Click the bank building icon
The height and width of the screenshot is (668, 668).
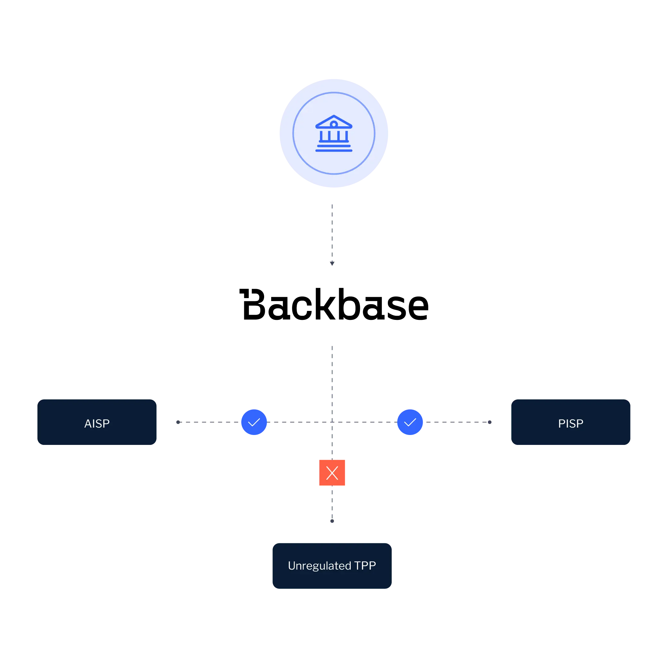pos(334,133)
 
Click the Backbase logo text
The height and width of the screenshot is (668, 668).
pos(334,304)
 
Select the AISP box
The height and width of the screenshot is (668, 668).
pos(97,422)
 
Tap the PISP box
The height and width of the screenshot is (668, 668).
pos(571,422)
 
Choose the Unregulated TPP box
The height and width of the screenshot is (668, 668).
pos(332,565)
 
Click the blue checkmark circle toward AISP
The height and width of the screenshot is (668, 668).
pos(254,422)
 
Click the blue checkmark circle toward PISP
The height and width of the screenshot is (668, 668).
pos(410,422)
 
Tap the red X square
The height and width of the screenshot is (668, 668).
pos(332,473)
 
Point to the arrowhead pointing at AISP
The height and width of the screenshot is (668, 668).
pos(178,422)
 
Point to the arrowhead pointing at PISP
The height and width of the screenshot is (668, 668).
pos(489,422)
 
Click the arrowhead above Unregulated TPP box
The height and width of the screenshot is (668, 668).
pos(332,520)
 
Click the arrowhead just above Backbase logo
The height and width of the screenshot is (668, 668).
pos(332,263)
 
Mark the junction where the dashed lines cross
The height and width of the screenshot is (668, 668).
pos(332,422)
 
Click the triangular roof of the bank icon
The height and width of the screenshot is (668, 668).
pos(334,122)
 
